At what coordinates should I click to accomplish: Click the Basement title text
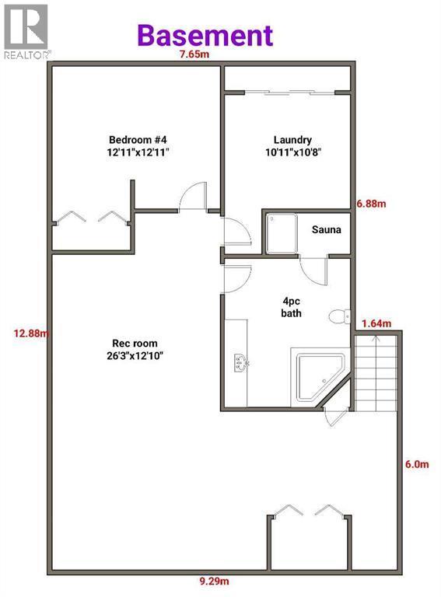click(x=205, y=36)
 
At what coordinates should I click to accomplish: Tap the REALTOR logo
click(x=26, y=32)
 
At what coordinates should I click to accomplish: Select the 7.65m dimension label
click(x=194, y=54)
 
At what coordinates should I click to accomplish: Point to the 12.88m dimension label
click(x=31, y=333)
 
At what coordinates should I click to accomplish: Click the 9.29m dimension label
click(x=215, y=581)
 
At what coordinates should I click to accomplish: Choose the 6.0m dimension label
click(x=417, y=464)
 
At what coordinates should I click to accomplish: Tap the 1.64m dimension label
click(x=376, y=323)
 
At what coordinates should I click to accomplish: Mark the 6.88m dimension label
click(x=371, y=204)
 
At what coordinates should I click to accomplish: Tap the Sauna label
click(x=327, y=229)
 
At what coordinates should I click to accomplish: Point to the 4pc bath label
click(x=292, y=307)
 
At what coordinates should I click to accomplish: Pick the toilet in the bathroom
click(x=340, y=316)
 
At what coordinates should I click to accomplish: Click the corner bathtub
click(x=320, y=376)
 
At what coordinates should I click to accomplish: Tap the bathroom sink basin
click(x=240, y=363)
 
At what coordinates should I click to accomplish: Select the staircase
click(x=376, y=373)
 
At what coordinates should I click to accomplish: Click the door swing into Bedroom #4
click(x=193, y=197)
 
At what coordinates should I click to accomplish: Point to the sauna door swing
click(x=313, y=271)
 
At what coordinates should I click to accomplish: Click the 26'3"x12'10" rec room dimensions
click(x=135, y=356)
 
